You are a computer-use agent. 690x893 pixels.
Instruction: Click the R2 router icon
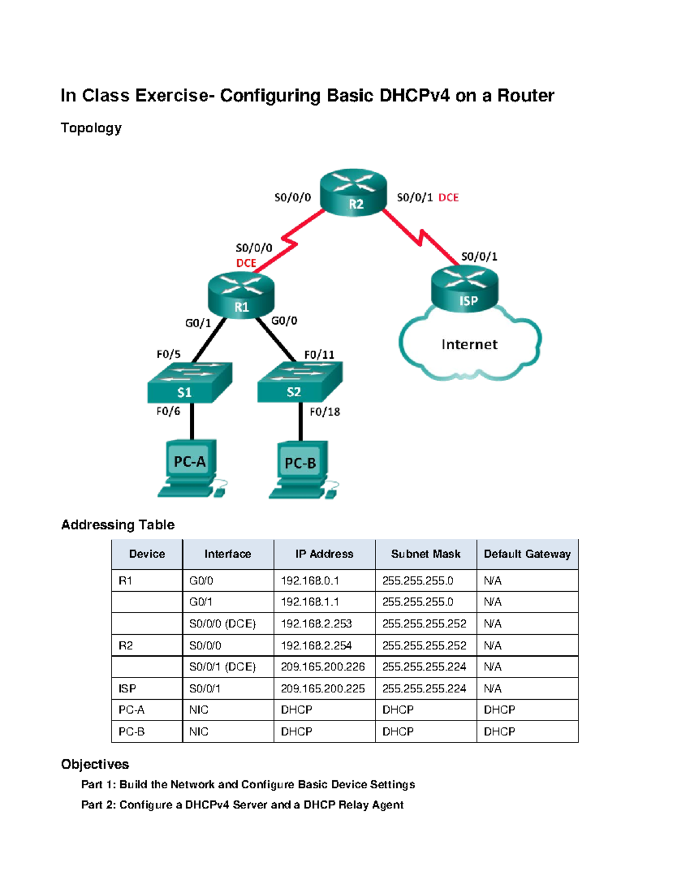coord(353,193)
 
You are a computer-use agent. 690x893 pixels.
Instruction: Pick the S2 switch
coord(299,382)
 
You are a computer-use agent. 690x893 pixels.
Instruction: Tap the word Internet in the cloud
coord(469,344)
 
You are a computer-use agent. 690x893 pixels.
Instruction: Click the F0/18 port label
coord(325,412)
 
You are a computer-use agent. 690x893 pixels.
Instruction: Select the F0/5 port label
coord(168,354)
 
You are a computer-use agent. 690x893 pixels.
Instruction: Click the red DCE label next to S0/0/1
coord(448,198)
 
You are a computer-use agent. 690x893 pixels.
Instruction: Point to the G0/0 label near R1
coord(284,321)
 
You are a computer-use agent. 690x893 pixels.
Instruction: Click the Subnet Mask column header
coord(425,554)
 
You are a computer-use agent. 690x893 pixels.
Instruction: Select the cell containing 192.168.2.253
coord(316,623)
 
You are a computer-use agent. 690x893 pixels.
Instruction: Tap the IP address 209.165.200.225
coord(323,688)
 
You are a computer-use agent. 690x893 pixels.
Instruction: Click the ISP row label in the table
coord(127,688)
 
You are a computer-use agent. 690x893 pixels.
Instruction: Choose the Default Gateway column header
coord(527,554)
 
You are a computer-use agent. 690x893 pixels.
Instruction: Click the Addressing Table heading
coord(118,524)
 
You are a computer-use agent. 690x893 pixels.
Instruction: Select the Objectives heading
coord(95,764)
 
